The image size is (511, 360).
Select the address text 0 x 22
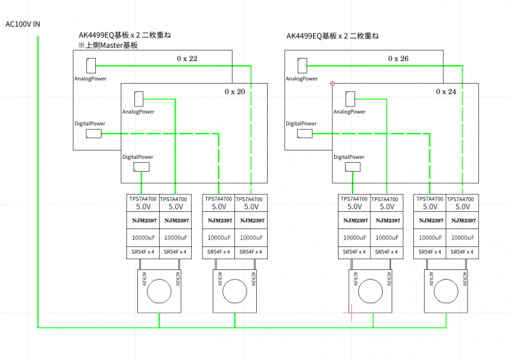coord(187,59)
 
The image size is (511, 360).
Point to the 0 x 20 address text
coord(234,92)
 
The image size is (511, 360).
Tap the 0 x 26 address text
coord(398,59)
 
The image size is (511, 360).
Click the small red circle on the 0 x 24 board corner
coord(332,83)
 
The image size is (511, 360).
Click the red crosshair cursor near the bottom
coord(349,312)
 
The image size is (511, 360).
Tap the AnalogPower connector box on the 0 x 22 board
coord(91,65)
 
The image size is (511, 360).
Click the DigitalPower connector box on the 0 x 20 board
coord(141,167)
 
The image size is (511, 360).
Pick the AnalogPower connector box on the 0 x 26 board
coord(302,65)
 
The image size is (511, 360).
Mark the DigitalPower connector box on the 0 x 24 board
coord(352,167)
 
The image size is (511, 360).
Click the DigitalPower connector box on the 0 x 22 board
coord(93,133)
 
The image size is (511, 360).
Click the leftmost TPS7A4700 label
coord(143,199)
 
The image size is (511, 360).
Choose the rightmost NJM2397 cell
coord(461,221)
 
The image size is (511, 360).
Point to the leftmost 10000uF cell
coord(143,237)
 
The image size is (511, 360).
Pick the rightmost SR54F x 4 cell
coord(461,251)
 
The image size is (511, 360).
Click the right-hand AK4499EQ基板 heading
coord(332,36)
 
